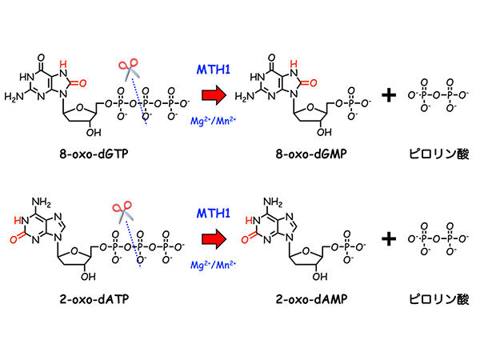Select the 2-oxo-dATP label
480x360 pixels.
pos(83,306)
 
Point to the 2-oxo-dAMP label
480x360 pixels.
pos(306,306)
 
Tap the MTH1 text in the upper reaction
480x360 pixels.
pos(214,70)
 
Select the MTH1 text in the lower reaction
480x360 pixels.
pos(214,213)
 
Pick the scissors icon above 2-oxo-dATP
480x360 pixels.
pos(122,211)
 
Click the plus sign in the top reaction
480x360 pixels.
pos(389,96)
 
